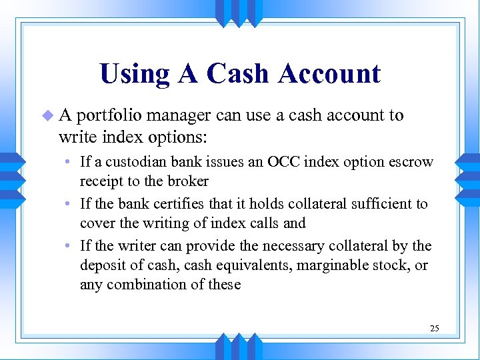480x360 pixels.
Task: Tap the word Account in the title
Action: click(x=330, y=73)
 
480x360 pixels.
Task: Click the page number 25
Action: click(x=435, y=328)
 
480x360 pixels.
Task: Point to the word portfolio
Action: click(x=109, y=116)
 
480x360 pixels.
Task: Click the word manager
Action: click(x=180, y=115)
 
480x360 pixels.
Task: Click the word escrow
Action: click(x=413, y=162)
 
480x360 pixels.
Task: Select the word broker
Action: click(x=189, y=181)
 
